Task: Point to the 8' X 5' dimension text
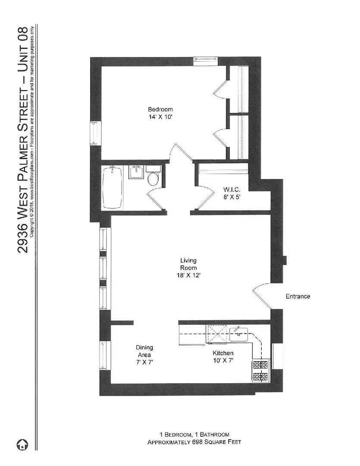229,196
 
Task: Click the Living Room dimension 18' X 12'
188,275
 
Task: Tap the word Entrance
297,296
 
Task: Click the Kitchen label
223,353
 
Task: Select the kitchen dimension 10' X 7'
223,360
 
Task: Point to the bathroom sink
136,173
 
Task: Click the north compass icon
22,444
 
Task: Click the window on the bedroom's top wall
206,60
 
